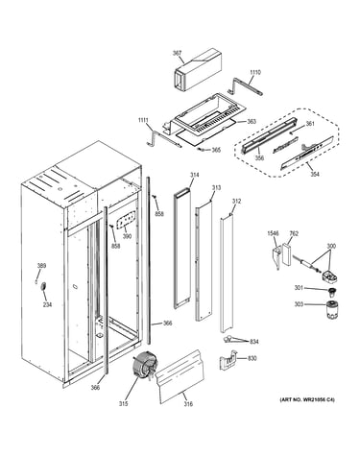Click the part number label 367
click(x=177, y=53)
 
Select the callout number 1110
click(x=255, y=72)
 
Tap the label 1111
click(x=143, y=120)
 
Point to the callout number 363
click(x=252, y=122)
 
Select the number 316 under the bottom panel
click(x=188, y=404)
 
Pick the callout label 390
click(x=127, y=236)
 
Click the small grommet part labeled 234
click(x=42, y=286)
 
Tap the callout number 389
click(x=41, y=265)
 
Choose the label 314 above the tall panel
click(x=194, y=175)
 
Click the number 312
click(x=236, y=202)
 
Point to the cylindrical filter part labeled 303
click(x=332, y=309)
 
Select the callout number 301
click(x=299, y=288)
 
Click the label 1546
click(x=273, y=233)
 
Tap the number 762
click(x=294, y=233)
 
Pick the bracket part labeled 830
click(x=228, y=360)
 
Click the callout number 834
click(x=254, y=342)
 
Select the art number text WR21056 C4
click(x=316, y=399)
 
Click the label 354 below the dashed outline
click(x=315, y=175)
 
